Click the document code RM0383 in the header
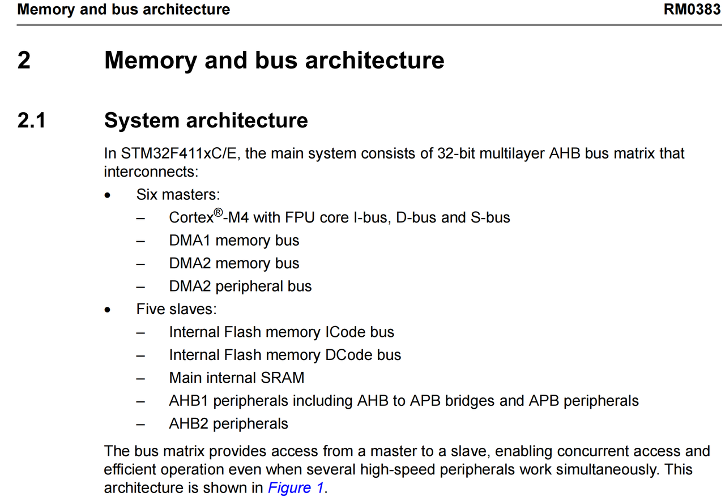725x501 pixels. point(692,10)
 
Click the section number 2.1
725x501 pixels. point(32,121)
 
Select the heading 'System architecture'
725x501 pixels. point(206,121)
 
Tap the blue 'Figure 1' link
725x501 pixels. point(296,488)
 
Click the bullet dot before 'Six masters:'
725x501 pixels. point(108,196)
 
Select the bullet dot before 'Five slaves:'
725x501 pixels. point(108,310)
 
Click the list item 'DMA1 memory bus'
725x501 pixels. point(234,241)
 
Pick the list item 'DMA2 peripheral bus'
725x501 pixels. point(240,286)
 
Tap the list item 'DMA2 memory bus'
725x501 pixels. point(234,264)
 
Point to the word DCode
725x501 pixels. point(347,355)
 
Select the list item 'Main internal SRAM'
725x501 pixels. point(236,378)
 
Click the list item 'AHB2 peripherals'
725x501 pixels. point(228,423)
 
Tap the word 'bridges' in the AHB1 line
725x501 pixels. point(470,401)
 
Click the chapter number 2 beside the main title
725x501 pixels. point(24,60)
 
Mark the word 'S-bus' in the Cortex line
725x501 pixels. point(491,218)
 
